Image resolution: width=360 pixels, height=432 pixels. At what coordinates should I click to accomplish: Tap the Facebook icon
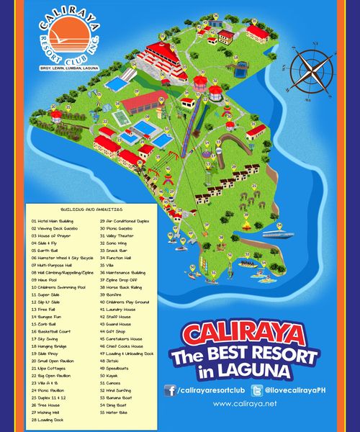pos(171,390)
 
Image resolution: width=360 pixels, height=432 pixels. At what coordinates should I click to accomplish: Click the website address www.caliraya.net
pos(246,405)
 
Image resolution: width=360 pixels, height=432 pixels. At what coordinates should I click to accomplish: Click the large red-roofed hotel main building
pos(162,52)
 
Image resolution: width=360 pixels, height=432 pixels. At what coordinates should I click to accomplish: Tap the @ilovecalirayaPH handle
pos(295,390)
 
